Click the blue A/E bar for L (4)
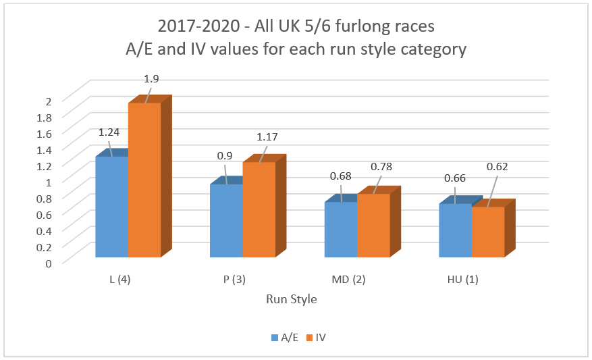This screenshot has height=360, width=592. [112, 206]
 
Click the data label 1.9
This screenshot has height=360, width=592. [152, 79]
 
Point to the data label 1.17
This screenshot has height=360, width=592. [267, 137]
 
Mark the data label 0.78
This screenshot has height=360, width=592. [382, 167]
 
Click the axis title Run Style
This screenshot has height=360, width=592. [291, 299]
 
